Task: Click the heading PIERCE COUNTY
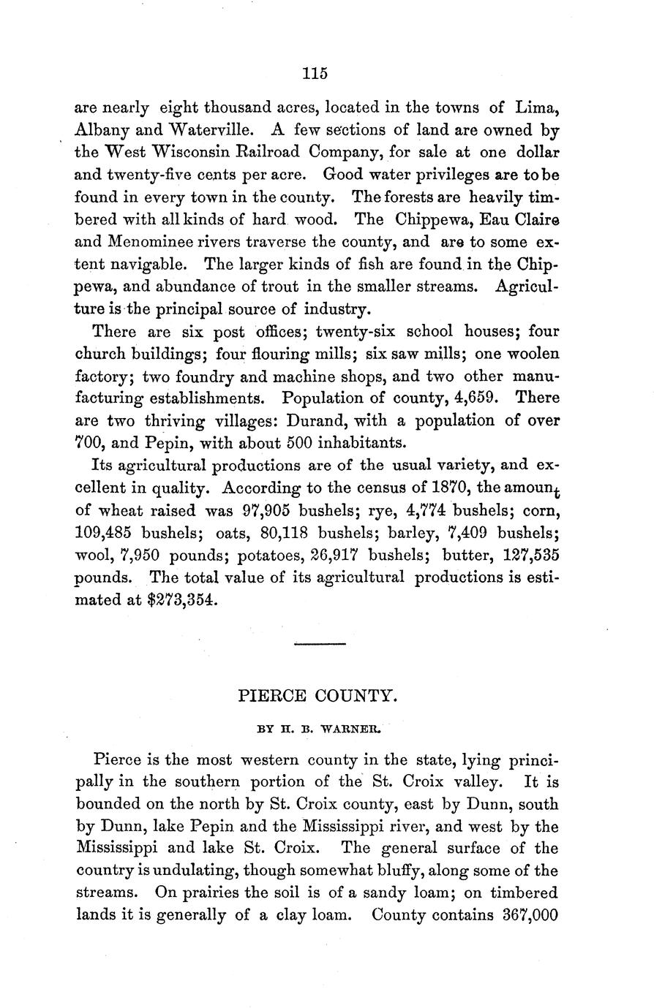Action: (318, 696)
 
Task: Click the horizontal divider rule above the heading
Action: (319, 643)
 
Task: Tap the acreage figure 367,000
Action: (530, 916)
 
